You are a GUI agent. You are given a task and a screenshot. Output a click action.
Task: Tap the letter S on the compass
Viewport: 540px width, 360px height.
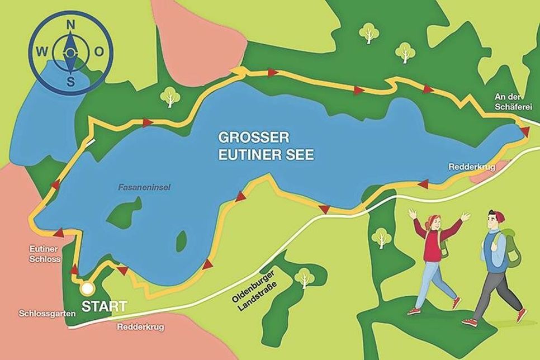(71, 82)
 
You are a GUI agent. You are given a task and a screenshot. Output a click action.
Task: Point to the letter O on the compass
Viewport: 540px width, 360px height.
(99, 52)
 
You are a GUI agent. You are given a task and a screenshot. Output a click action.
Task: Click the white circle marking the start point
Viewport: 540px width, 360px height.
(87, 288)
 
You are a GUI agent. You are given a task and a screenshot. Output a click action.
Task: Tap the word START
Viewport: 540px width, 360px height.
(105, 306)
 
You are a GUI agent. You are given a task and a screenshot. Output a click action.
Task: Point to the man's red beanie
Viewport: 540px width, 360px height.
(495, 215)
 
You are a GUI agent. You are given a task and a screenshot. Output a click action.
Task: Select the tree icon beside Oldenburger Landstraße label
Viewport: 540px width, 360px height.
(304, 276)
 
